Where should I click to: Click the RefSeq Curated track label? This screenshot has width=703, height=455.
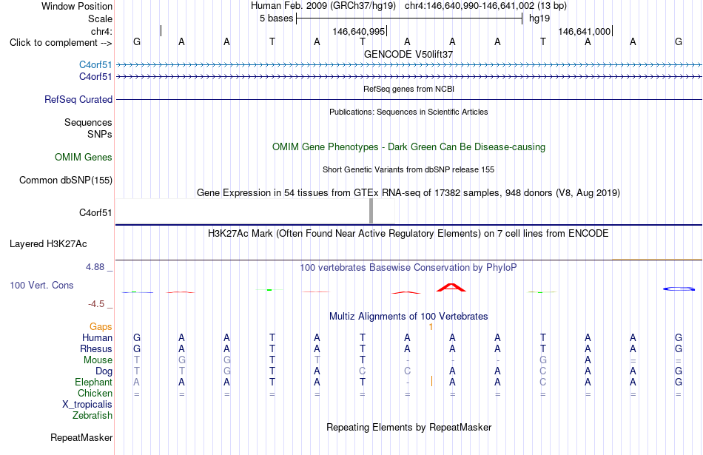tap(78, 100)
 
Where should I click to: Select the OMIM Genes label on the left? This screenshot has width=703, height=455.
tap(84, 158)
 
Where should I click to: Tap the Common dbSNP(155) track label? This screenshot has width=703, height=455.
tap(66, 181)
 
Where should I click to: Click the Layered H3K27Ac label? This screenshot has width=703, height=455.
tap(48, 244)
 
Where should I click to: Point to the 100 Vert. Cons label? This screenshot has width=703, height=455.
tap(41, 285)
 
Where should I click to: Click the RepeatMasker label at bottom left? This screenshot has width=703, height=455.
tap(81, 437)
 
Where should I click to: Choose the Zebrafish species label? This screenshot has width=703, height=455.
tap(92, 416)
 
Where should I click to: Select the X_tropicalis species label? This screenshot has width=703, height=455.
tap(87, 405)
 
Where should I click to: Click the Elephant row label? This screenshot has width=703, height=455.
tap(94, 382)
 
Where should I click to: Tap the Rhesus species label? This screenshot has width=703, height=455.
tap(96, 348)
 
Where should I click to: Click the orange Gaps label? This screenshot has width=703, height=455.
tap(101, 327)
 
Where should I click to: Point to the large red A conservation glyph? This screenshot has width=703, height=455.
tap(451, 287)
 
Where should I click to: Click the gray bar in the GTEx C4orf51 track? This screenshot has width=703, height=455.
tap(371, 211)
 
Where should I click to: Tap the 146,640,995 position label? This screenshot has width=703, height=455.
tap(359, 31)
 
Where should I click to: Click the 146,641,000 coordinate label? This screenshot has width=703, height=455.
tap(584, 31)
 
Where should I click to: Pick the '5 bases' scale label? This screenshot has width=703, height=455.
tap(276, 18)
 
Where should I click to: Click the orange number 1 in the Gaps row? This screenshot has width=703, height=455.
tap(431, 327)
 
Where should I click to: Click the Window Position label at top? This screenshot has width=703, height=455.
tap(77, 6)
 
